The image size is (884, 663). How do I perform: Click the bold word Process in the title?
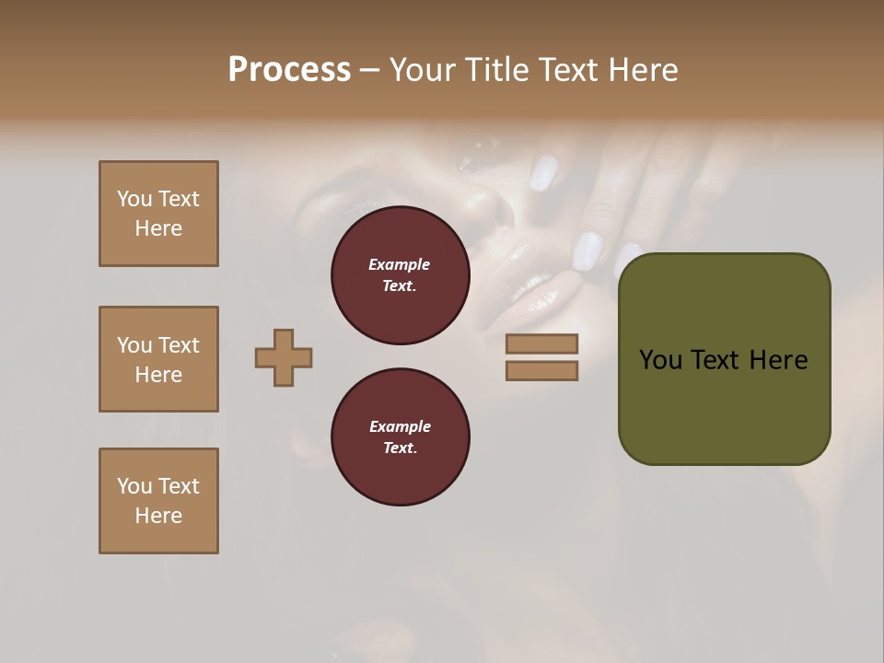(x=289, y=70)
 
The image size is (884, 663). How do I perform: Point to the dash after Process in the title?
(x=369, y=71)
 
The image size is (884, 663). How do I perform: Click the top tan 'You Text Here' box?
(x=158, y=214)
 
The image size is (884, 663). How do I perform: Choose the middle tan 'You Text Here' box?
(x=158, y=359)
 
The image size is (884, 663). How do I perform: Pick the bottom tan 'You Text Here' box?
(x=158, y=501)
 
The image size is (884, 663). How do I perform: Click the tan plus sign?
(x=284, y=357)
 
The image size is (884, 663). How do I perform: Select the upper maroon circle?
(x=401, y=275)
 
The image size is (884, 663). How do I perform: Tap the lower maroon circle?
(x=401, y=437)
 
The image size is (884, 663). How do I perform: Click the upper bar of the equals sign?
(x=541, y=343)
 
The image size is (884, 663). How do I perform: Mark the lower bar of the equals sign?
(x=541, y=371)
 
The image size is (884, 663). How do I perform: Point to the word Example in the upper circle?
(x=400, y=264)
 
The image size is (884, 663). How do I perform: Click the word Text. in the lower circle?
(x=400, y=448)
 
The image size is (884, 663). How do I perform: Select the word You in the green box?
(x=659, y=360)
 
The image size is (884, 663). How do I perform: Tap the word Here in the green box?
(x=778, y=360)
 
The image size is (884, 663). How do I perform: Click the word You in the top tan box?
(x=134, y=199)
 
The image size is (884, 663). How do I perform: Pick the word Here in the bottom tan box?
(x=158, y=516)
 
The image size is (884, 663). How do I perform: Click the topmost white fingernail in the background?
(x=544, y=172)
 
